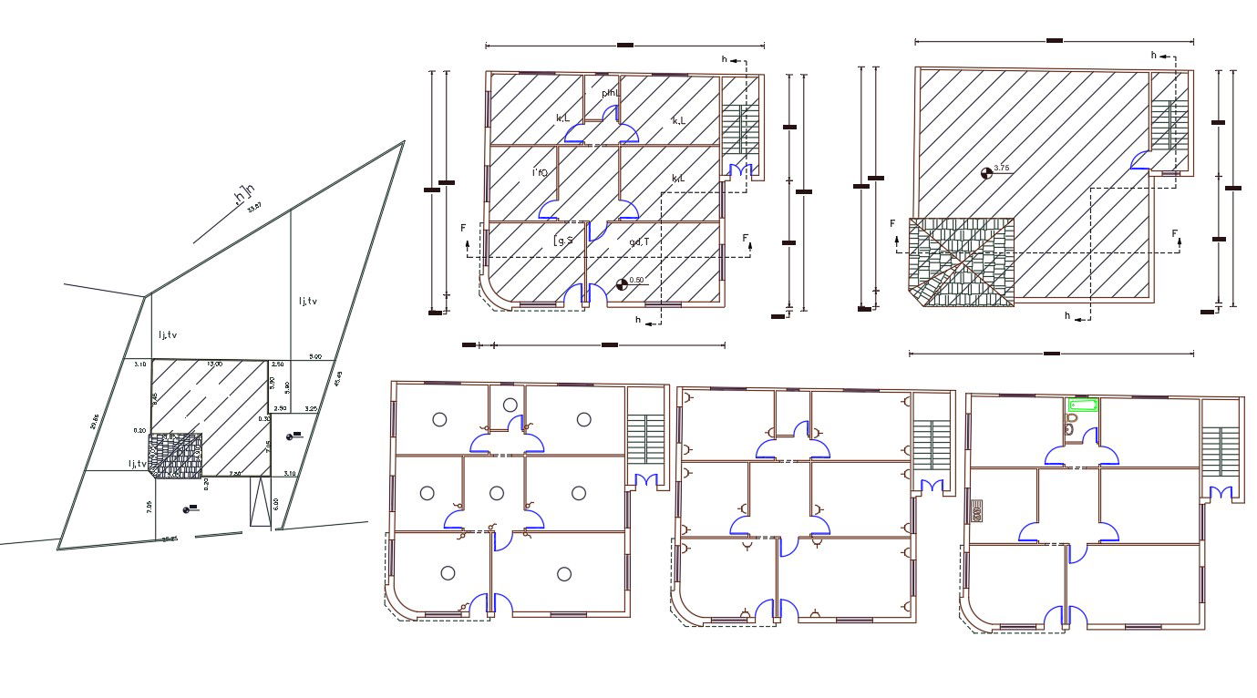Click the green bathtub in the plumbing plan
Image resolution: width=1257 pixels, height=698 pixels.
1083,404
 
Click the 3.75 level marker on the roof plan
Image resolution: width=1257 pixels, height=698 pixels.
985,172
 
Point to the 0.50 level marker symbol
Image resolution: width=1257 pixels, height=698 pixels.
623,283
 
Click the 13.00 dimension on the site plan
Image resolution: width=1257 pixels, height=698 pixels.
214,364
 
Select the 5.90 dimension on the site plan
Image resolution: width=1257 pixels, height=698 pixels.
286,387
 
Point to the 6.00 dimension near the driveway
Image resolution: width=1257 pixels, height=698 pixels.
275,502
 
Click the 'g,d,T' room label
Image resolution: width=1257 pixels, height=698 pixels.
638,241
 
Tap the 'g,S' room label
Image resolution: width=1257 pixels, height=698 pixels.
564,241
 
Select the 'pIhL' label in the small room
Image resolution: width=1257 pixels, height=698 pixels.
610,93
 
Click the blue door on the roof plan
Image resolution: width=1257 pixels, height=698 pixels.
1139,161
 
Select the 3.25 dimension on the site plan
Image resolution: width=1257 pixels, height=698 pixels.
311,409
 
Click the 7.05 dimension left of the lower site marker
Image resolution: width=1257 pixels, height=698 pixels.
149,507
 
